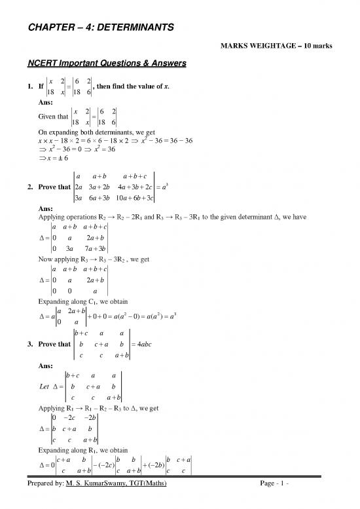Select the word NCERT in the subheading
37,64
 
